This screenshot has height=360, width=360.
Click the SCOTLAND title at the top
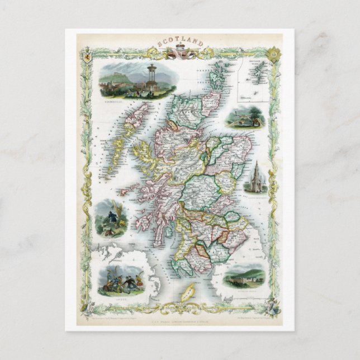point(180,42)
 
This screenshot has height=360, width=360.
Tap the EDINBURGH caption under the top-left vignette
point(110,102)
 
